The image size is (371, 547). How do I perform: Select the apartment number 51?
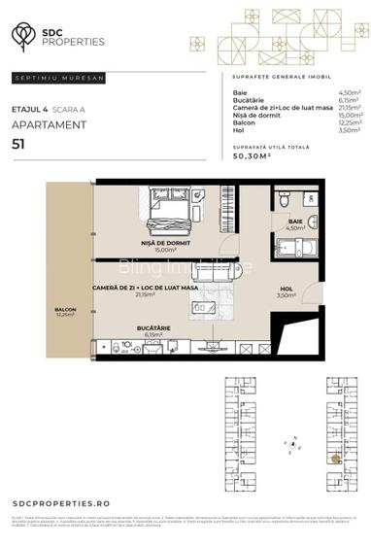(18, 143)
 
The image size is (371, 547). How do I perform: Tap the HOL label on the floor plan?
(286, 288)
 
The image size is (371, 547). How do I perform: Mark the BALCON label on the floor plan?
(65, 310)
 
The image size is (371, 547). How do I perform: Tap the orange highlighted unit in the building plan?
(335, 458)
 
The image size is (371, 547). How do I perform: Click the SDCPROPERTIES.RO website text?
(62, 503)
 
